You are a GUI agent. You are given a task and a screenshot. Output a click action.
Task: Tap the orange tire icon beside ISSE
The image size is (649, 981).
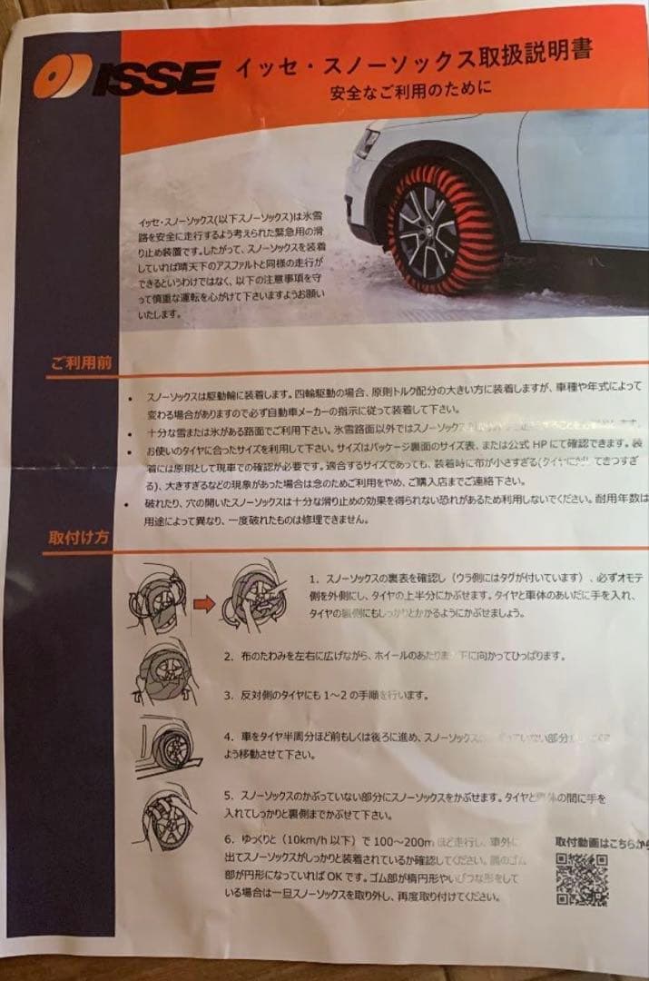(x=63, y=77)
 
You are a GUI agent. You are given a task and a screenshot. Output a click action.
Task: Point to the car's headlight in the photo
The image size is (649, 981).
(x=367, y=145)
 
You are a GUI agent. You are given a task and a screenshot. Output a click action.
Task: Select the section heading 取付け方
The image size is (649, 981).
(x=80, y=536)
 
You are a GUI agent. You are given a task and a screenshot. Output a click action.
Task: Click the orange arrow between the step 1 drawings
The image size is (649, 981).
(x=205, y=603)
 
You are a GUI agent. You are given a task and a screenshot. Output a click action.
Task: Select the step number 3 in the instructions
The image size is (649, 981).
(x=228, y=695)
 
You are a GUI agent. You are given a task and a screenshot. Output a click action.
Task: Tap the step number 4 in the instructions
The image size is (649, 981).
(x=228, y=735)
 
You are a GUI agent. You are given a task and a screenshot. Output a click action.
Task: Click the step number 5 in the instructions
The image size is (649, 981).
(x=228, y=796)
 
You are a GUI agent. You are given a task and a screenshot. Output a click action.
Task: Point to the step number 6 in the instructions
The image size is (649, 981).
(x=228, y=837)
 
